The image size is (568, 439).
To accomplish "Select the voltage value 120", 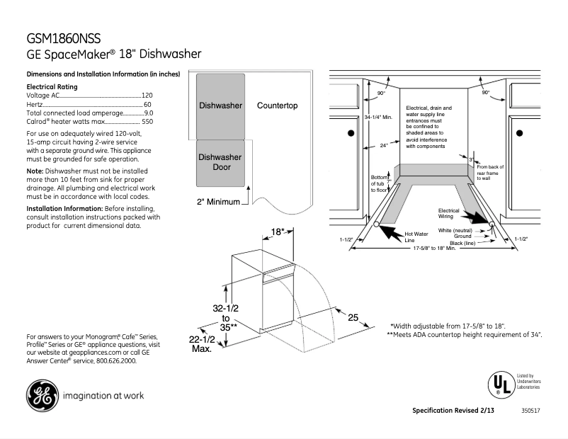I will point(147,95).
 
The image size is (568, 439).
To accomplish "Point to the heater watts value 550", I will point(147,122).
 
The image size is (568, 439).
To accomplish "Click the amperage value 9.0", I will point(148,113).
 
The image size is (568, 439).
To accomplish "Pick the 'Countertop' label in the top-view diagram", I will point(277,106).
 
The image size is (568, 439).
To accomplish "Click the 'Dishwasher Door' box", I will point(220,162).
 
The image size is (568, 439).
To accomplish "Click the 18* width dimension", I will point(278,232).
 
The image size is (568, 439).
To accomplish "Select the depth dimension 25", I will point(353,317).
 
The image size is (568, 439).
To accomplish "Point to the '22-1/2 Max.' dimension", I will point(201,345).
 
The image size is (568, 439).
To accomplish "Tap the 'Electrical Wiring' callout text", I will point(448,213).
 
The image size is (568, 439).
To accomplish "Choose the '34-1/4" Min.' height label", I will point(378,118).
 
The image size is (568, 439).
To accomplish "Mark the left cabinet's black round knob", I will point(349,132).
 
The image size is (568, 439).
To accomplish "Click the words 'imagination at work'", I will point(103,396).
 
